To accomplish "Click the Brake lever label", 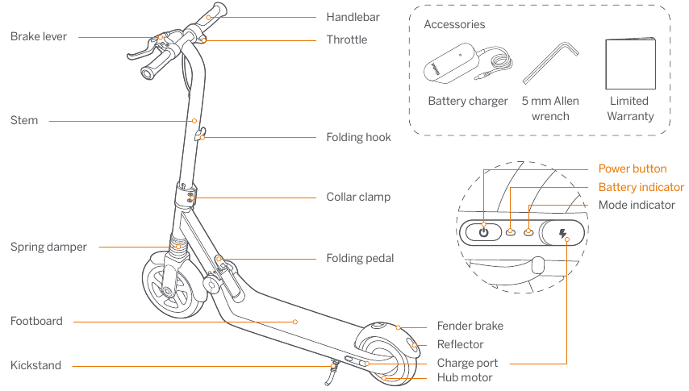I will (x=39, y=36).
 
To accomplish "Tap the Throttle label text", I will (x=346, y=40).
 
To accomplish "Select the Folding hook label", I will (x=358, y=137).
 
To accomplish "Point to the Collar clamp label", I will (x=358, y=197).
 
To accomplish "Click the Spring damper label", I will (x=48, y=247).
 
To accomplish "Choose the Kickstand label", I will (x=35, y=365).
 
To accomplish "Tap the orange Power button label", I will (x=632, y=168).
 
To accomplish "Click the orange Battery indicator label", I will (x=641, y=187).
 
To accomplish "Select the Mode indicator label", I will (x=637, y=205).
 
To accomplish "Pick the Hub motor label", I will (x=464, y=377).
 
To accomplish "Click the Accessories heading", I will (x=454, y=24).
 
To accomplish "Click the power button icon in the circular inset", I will (x=483, y=232).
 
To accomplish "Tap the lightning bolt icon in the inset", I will (x=563, y=234).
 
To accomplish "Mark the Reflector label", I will (x=460, y=344).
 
